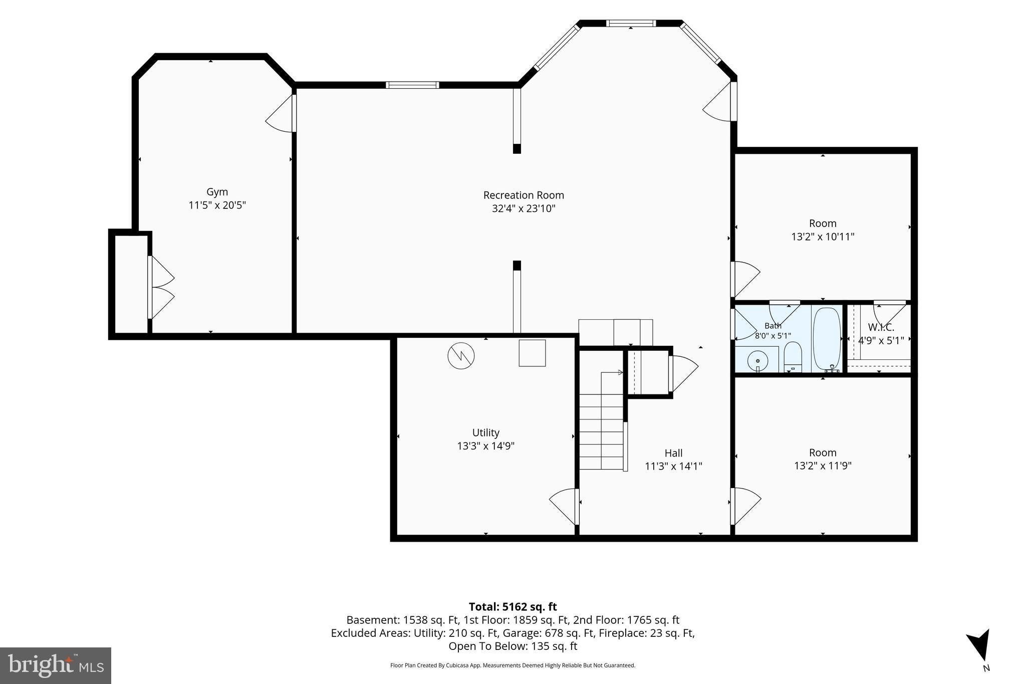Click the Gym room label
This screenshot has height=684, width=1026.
click(217, 192)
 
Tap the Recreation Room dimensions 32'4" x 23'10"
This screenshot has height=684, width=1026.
click(524, 208)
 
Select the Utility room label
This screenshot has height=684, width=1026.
click(485, 432)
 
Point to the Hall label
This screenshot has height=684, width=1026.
click(673, 453)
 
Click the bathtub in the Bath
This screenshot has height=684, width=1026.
click(827, 339)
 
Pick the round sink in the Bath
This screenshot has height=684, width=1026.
click(757, 360)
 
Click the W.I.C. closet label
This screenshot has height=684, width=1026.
click(881, 328)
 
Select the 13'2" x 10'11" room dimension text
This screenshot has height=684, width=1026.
click(823, 237)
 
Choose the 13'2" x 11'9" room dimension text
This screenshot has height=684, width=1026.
click(823, 466)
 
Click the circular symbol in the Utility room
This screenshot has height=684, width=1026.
click(461, 356)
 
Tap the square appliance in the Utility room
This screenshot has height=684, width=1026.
click(532, 353)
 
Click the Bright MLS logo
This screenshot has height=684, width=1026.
click(56, 665)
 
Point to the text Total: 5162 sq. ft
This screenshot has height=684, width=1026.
click(512, 607)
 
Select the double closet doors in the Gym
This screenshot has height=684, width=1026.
click(161, 288)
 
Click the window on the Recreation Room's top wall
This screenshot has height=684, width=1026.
click(412, 85)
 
